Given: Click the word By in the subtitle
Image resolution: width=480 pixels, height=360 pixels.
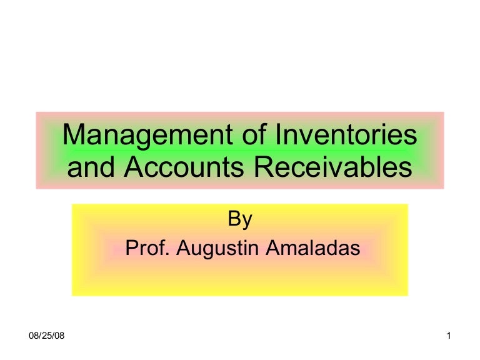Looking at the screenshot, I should click(239, 219).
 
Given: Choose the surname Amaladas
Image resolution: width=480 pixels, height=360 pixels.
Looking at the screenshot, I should click(313, 248).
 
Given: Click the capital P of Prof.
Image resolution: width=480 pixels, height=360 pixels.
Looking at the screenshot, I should click(131, 248).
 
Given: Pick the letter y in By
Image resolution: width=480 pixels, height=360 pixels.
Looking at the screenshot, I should click(247, 222).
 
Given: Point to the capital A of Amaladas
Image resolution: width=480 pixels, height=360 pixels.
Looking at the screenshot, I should click(273, 248).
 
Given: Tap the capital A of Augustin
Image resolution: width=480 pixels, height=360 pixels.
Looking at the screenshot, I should click(182, 248).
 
